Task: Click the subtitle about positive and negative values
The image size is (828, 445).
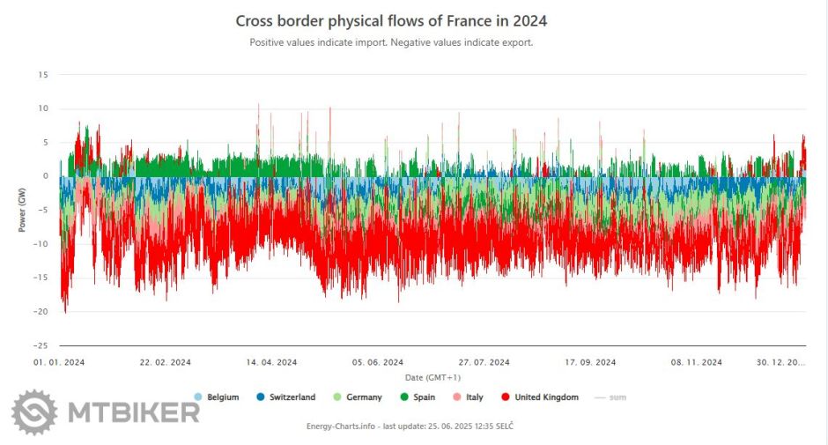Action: pos(391,41)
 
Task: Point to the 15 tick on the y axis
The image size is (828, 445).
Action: pos(43,75)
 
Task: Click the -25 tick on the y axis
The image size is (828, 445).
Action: pos(41,345)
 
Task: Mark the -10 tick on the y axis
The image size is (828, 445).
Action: pos(41,244)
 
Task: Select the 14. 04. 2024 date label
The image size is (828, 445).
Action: pos(272,362)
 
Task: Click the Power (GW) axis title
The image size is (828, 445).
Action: pos(22,210)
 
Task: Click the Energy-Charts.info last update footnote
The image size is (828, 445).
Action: pos(410,426)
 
